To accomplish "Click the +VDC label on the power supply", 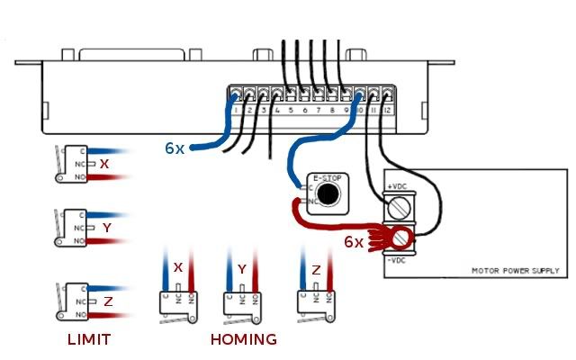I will coord(396,185).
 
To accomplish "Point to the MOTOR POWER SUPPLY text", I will coord(515,270).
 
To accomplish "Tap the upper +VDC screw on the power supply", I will coord(402,210).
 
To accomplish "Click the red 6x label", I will coord(355,242).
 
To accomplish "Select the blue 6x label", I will coord(175,148).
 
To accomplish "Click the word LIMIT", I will coord(90,339).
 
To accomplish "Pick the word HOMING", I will coord(243,339).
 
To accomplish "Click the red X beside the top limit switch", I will coord(104,165).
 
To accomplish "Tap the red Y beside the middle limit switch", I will coord(106,229).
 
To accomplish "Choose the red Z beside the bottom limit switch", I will coord(108,301).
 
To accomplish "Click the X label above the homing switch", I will coord(177,267).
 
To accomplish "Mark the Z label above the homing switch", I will coord(315,269).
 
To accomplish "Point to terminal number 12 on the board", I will coord(386,110).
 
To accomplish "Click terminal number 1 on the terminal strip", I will coord(235,110).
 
